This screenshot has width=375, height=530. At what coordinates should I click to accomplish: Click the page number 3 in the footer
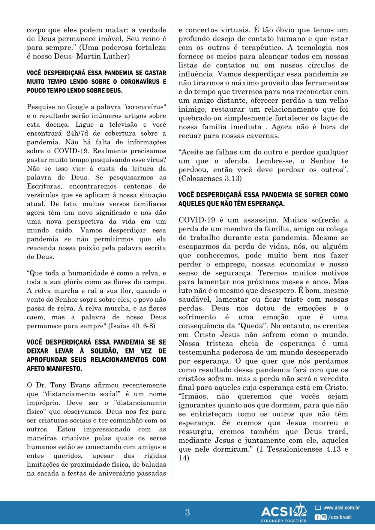[x=187, y=512]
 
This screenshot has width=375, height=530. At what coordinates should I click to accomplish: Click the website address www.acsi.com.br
[x=341, y=508]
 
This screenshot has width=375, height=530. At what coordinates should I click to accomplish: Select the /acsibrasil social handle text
[x=340, y=517]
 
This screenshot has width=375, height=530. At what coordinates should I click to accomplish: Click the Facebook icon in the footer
[x=318, y=517]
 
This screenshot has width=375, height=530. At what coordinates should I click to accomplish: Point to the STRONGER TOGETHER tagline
[x=283, y=521]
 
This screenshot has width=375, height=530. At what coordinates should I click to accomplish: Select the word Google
[x=79, y=107]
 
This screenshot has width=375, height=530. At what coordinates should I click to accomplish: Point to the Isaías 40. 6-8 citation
[x=132, y=326]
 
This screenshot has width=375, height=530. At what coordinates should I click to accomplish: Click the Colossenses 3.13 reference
[x=210, y=179]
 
